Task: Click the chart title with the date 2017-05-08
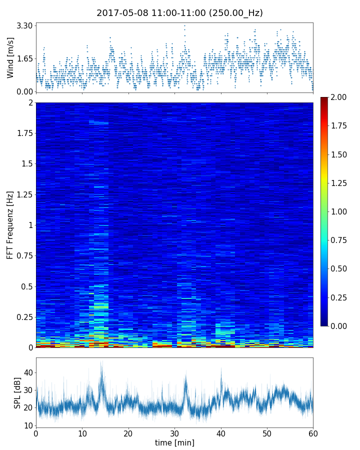click(x=179, y=13)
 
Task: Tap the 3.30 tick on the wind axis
click(x=24, y=25)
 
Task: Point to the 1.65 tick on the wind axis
click(x=24, y=58)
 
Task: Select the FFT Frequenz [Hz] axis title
click(x=10, y=224)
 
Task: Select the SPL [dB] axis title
click(x=17, y=392)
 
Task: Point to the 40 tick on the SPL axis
click(x=28, y=372)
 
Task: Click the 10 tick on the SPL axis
click(x=28, y=425)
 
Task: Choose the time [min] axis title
click(x=174, y=442)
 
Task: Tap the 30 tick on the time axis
click(x=174, y=433)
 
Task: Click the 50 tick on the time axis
click(x=267, y=433)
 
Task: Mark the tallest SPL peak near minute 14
click(x=101, y=361)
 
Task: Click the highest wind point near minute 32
click(x=184, y=26)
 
